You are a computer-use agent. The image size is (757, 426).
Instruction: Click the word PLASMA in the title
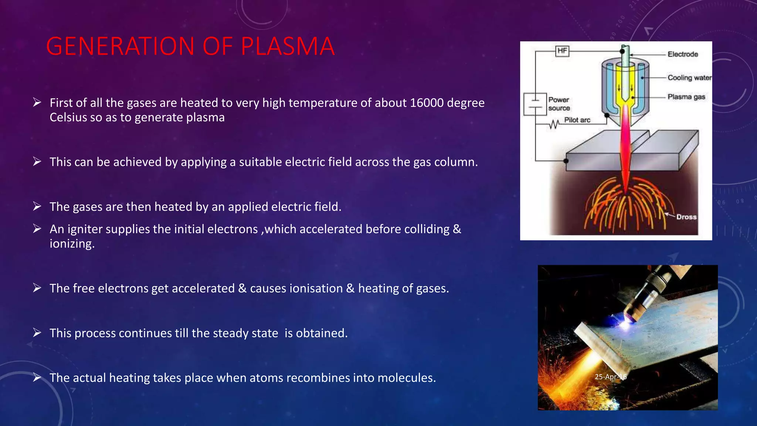[x=288, y=47]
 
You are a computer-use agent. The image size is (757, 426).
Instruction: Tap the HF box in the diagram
[x=562, y=51]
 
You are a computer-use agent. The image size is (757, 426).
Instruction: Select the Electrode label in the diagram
[x=683, y=54]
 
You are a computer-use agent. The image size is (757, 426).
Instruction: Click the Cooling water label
[x=689, y=78]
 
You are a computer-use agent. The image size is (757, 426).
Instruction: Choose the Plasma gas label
[x=686, y=97]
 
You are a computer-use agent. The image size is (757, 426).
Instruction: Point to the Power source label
[x=559, y=104]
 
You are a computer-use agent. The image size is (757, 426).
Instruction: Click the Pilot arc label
[x=577, y=120]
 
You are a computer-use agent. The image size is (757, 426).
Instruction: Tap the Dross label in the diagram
[x=686, y=217]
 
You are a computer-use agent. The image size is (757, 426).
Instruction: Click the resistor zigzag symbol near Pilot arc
[x=554, y=125]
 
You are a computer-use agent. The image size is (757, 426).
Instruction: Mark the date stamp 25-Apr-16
[x=610, y=377]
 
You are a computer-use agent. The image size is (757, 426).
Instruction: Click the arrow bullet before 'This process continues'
[x=37, y=333]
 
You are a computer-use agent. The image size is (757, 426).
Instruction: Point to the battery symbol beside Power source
[x=535, y=104]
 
